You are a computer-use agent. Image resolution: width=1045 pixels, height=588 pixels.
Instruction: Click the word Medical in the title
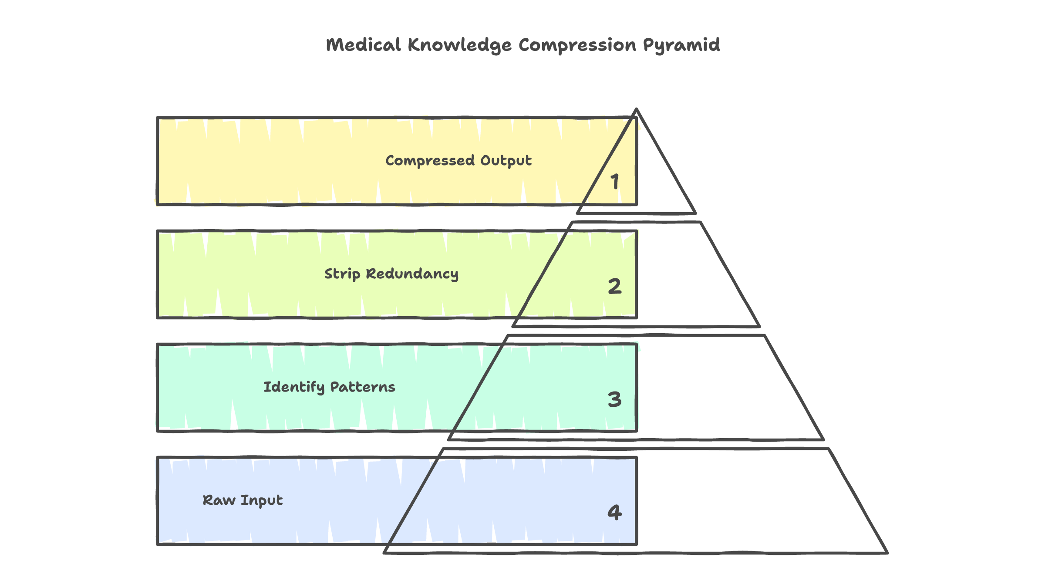(x=363, y=45)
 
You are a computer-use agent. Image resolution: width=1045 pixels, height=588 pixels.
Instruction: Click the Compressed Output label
(x=458, y=161)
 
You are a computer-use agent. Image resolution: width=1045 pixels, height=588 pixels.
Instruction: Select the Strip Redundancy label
(x=391, y=274)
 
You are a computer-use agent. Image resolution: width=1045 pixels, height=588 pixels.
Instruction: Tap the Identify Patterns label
(x=329, y=387)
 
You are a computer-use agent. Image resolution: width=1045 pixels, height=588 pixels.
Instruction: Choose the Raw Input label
(x=243, y=500)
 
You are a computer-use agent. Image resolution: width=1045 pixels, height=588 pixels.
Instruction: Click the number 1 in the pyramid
(x=615, y=182)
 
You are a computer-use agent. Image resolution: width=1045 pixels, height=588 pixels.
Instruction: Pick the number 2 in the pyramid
(x=615, y=286)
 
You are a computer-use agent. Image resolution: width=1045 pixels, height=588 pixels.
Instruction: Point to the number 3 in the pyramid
(x=615, y=399)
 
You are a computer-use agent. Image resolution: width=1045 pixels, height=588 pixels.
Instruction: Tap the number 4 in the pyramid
(x=615, y=512)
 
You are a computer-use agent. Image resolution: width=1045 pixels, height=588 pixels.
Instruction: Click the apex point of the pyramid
(x=637, y=110)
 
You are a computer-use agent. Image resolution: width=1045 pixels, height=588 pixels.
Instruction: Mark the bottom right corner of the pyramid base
(x=887, y=552)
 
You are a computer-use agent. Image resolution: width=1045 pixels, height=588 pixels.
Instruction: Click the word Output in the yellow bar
(x=506, y=161)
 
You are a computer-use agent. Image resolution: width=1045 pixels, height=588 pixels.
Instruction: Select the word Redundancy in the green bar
(x=412, y=274)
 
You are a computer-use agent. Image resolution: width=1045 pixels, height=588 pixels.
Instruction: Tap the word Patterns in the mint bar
(x=363, y=387)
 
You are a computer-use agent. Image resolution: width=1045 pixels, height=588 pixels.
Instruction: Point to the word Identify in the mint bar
(x=294, y=387)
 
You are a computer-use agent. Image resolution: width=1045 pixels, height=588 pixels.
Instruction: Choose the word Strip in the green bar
(x=342, y=274)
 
